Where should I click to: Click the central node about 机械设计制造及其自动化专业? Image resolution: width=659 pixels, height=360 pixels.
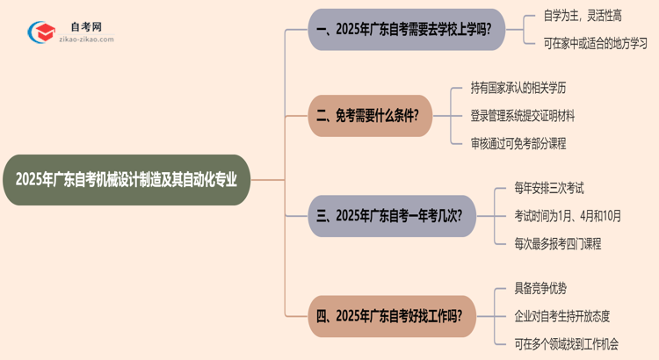click(132, 180)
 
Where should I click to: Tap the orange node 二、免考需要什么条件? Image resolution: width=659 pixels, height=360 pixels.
click(370, 116)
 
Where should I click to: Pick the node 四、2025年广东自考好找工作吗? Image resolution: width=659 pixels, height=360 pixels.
click(393, 314)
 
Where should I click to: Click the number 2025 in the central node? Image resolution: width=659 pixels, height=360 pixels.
click(33, 180)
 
